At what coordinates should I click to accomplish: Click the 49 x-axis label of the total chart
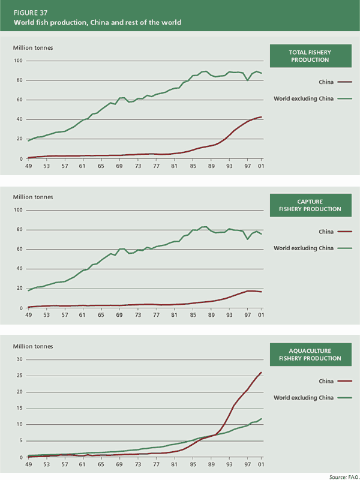28,166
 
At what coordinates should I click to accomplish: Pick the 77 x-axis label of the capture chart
157,316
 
